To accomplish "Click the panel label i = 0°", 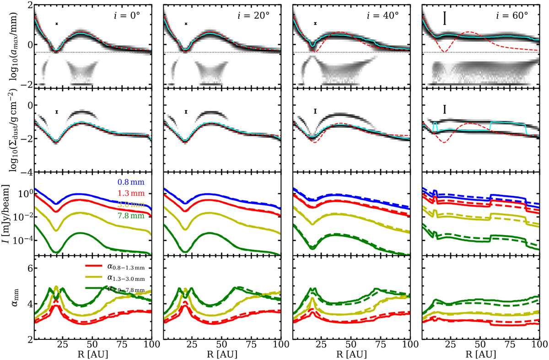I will (x=127, y=15).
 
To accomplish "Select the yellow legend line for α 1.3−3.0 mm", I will (x=95, y=277).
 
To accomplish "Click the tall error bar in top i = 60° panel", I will (x=445, y=18).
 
